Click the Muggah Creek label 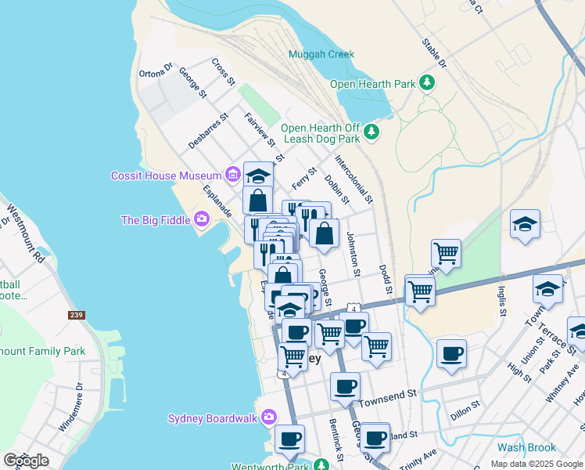point(321,55)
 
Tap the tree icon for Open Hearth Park point(427,82)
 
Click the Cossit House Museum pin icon point(232,174)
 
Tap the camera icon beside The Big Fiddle point(202,219)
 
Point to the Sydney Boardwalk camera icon point(268,417)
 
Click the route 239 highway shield point(76,315)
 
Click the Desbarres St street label point(208,130)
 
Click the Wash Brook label point(526,448)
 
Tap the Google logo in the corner point(26,460)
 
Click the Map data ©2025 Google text point(536,464)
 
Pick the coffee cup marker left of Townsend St point(345,386)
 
